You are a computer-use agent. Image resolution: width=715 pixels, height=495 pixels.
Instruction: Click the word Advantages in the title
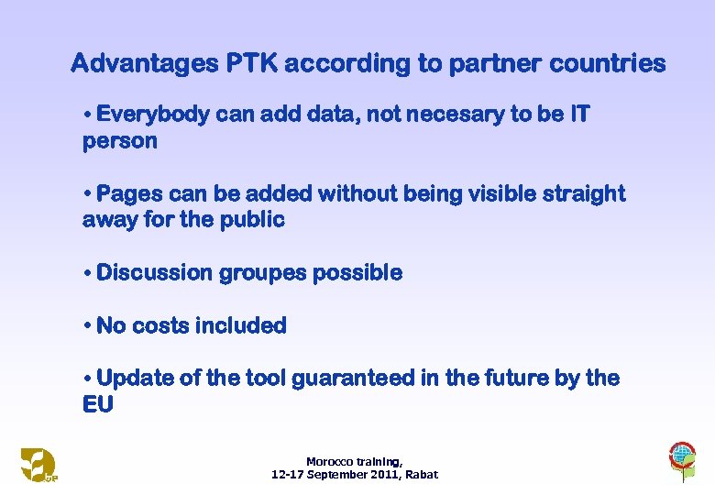[x=144, y=64]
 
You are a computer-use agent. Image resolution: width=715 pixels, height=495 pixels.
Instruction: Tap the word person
[x=120, y=141]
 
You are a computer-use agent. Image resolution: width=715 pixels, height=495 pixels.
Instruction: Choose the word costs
[x=166, y=325]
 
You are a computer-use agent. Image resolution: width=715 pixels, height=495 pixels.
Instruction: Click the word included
[x=247, y=325]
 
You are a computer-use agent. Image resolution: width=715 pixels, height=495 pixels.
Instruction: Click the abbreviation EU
[x=98, y=404]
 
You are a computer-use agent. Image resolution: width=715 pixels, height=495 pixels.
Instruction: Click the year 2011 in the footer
[x=384, y=475]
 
